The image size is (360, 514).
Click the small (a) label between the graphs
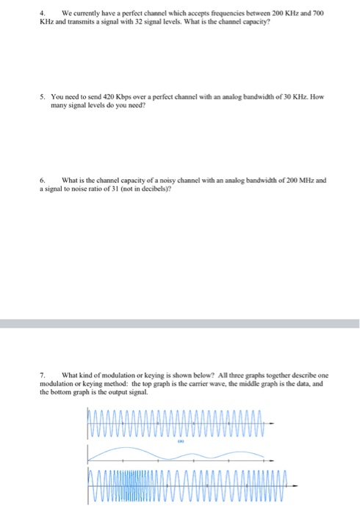179,443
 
